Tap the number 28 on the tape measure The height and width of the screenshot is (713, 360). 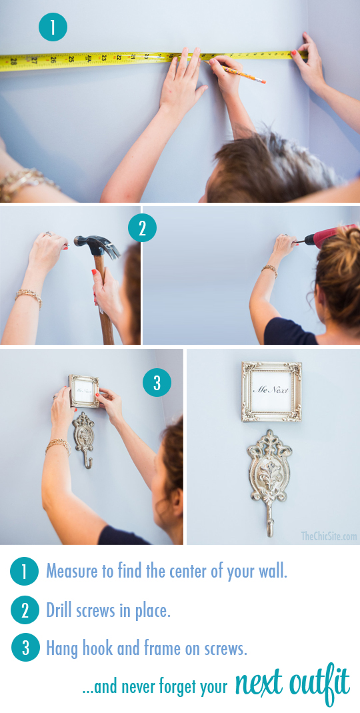[x=13, y=61]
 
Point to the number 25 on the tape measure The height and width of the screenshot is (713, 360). [x=71, y=59]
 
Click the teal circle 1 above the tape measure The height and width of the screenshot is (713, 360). [x=53, y=27]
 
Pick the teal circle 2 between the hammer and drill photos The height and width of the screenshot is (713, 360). [x=142, y=228]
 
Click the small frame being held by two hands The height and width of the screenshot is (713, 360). [x=84, y=391]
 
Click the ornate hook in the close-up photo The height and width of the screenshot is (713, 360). [x=269, y=481]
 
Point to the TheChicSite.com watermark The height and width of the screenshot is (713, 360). [x=329, y=536]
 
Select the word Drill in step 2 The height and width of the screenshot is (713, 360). [x=57, y=610]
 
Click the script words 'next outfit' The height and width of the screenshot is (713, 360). [x=292, y=685]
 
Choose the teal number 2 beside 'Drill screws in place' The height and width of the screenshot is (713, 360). [x=25, y=610]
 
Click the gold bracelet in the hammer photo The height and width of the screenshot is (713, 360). [x=28, y=297]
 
